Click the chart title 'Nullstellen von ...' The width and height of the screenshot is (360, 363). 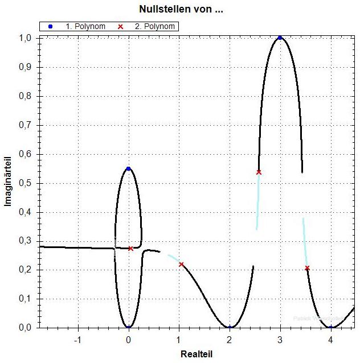[x=181, y=10]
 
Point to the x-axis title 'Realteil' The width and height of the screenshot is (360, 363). [x=197, y=354]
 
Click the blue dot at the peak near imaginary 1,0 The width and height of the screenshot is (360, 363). [x=280, y=38]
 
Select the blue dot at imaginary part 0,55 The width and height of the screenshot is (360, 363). [x=128, y=168]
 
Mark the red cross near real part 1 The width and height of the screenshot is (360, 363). [x=181, y=265]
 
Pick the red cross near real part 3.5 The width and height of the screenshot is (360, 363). [x=307, y=268]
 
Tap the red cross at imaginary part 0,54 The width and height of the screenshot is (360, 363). [x=259, y=172]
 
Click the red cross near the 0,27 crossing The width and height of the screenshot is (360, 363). [x=130, y=248]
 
